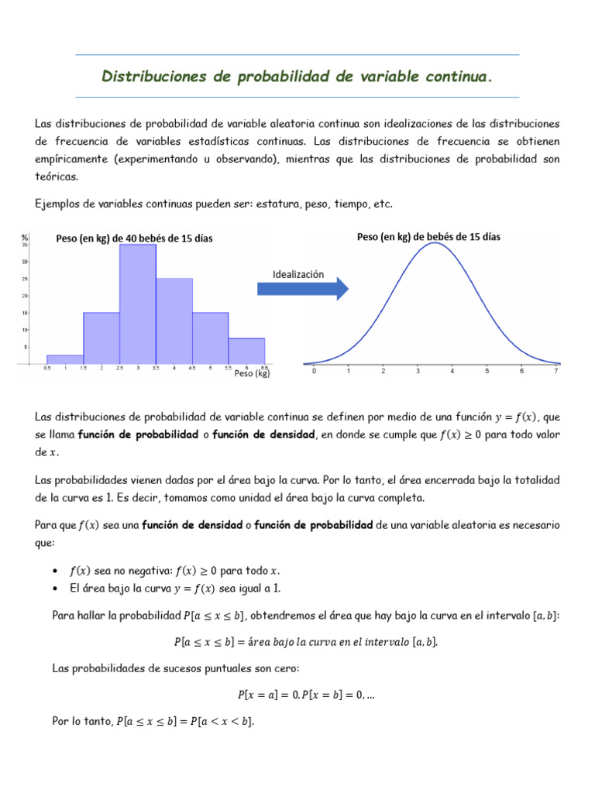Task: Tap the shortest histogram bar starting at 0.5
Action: (65, 359)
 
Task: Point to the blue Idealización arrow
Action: (302, 289)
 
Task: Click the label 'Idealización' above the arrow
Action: (298, 274)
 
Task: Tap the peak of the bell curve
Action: (435, 243)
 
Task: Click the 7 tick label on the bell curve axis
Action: (556, 372)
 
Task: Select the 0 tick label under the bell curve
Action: (314, 372)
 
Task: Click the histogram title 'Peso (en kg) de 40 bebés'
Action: (134, 239)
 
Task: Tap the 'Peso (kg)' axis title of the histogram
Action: (252, 373)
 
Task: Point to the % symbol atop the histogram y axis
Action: (25, 237)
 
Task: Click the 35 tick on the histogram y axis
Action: (25, 245)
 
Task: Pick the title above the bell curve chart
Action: (428, 237)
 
